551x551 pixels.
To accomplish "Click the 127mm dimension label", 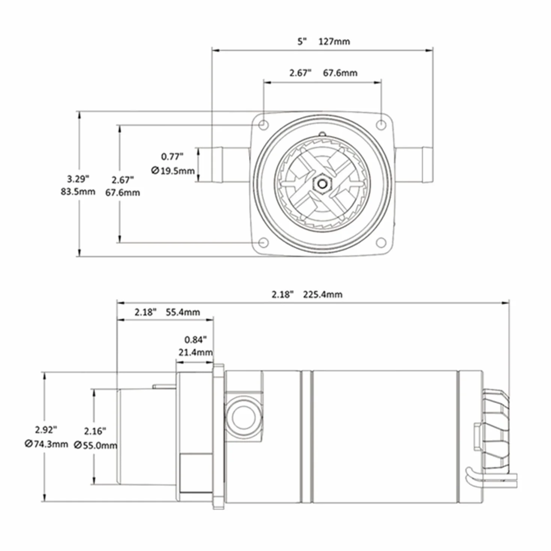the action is [334, 42].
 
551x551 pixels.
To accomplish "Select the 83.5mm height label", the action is [78, 192].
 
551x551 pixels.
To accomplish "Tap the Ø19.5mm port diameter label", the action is [173, 171].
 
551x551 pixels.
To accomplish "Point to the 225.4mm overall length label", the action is [322, 295].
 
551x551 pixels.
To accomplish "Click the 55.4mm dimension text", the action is [183, 312].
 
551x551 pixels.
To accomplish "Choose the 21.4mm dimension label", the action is [196, 353].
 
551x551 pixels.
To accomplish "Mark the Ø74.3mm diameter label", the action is [46, 444].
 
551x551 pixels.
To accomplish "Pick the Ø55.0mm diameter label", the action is [96, 445].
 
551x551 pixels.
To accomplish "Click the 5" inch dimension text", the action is [302, 42].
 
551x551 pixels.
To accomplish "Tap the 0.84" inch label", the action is [195, 340].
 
